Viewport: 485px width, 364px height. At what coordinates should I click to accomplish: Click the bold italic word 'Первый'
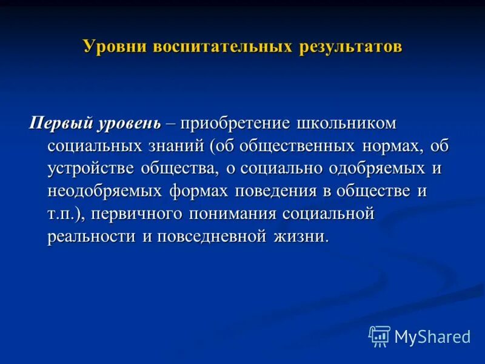pos(60,124)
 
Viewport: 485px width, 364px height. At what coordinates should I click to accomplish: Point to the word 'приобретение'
pos(242,124)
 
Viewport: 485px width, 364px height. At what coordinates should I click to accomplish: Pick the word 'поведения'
pos(276,192)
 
